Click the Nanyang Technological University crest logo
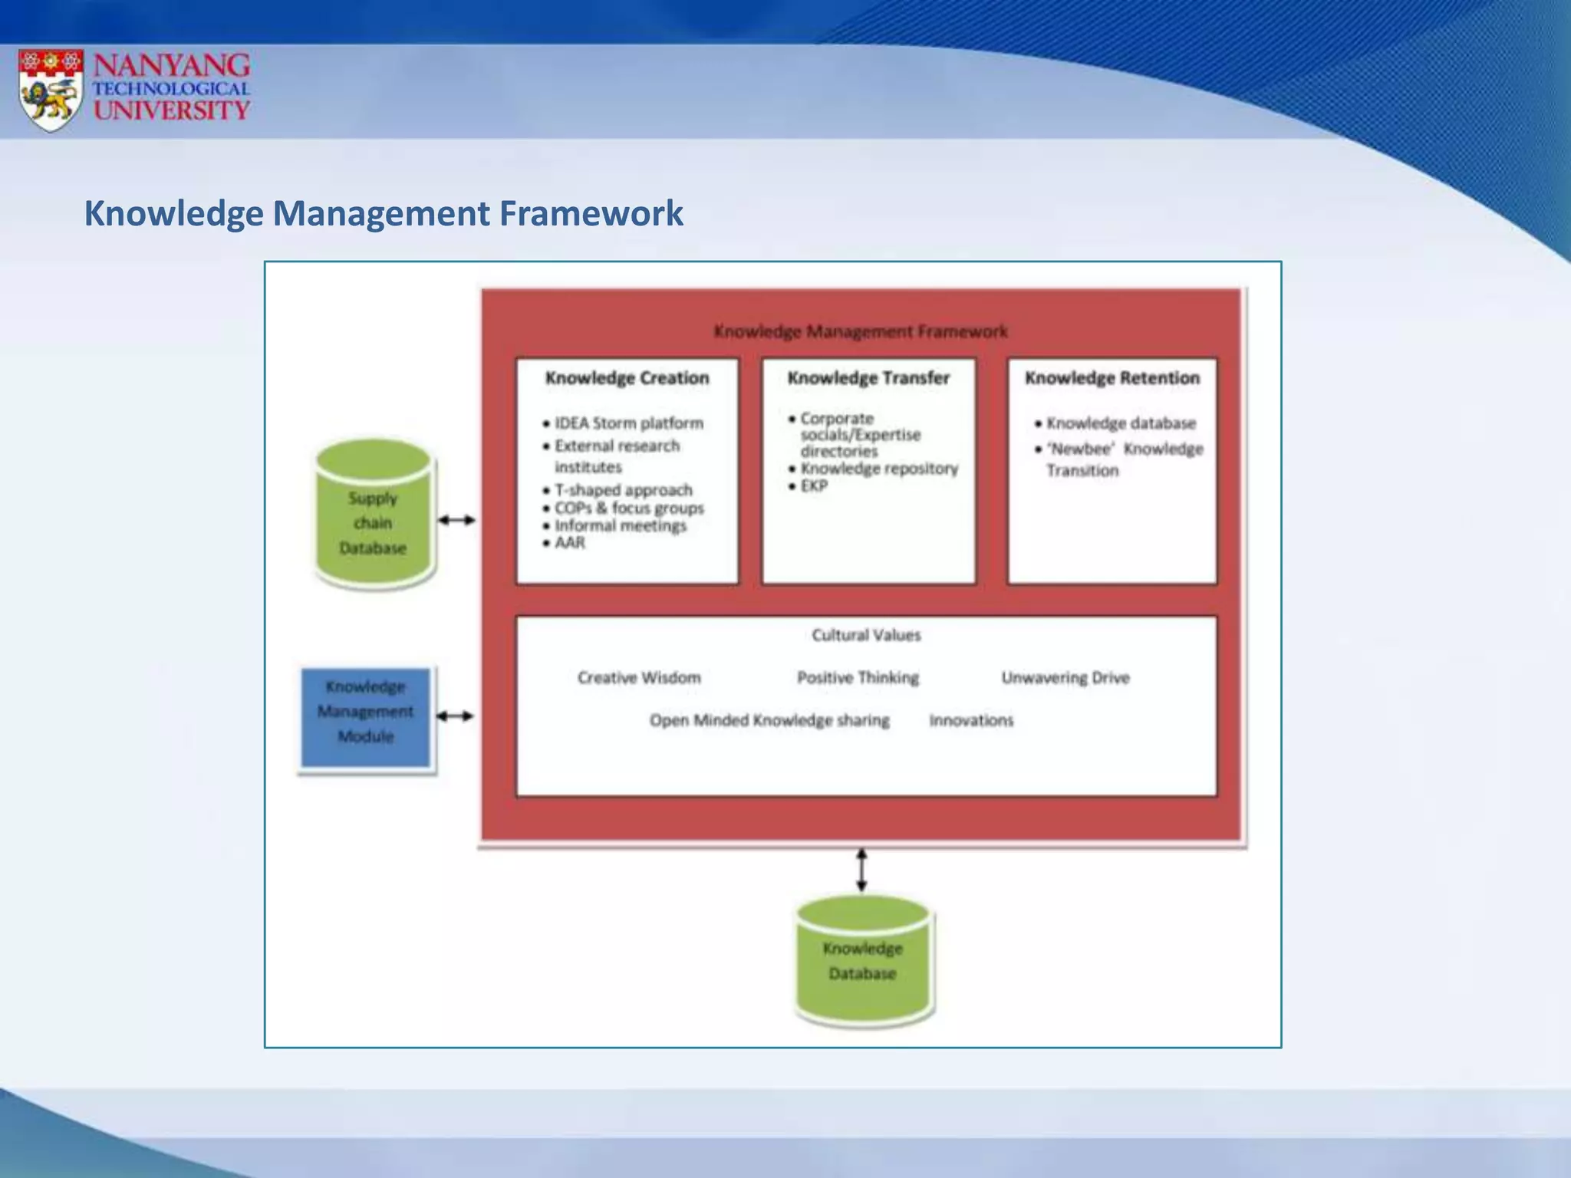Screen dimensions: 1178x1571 pyautogui.click(x=51, y=90)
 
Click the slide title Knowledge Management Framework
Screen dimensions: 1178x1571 pyautogui.click(x=383, y=213)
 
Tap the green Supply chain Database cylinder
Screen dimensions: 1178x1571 pyautogui.click(x=374, y=515)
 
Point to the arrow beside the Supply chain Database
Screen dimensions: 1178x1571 pyautogui.click(x=456, y=520)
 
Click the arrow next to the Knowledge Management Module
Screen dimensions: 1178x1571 pyautogui.click(x=455, y=716)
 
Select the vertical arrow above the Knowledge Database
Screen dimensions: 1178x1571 pyautogui.click(x=861, y=870)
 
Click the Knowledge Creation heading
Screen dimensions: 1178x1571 pyautogui.click(x=627, y=378)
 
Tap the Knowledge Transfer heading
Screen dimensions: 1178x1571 pyautogui.click(x=868, y=378)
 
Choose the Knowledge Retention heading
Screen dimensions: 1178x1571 pyautogui.click(x=1112, y=378)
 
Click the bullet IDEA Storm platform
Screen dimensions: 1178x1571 pyautogui.click(x=628, y=423)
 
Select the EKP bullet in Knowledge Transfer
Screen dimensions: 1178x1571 pyautogui.click(x=813, y=486)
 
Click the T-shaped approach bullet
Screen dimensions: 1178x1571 pyautogui.click(x=623, y=490)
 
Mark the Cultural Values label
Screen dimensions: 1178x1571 pyautogui.click(x=866, y=635)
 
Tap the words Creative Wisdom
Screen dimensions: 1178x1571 pyautogui.click(x=639, y=678)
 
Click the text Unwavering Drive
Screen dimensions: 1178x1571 pyautogui.click(x=1065, y=678)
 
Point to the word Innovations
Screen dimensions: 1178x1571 pyautogui.click(x=971, y=720)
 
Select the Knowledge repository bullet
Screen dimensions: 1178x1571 pyautogui.click(x=878, y=469)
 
